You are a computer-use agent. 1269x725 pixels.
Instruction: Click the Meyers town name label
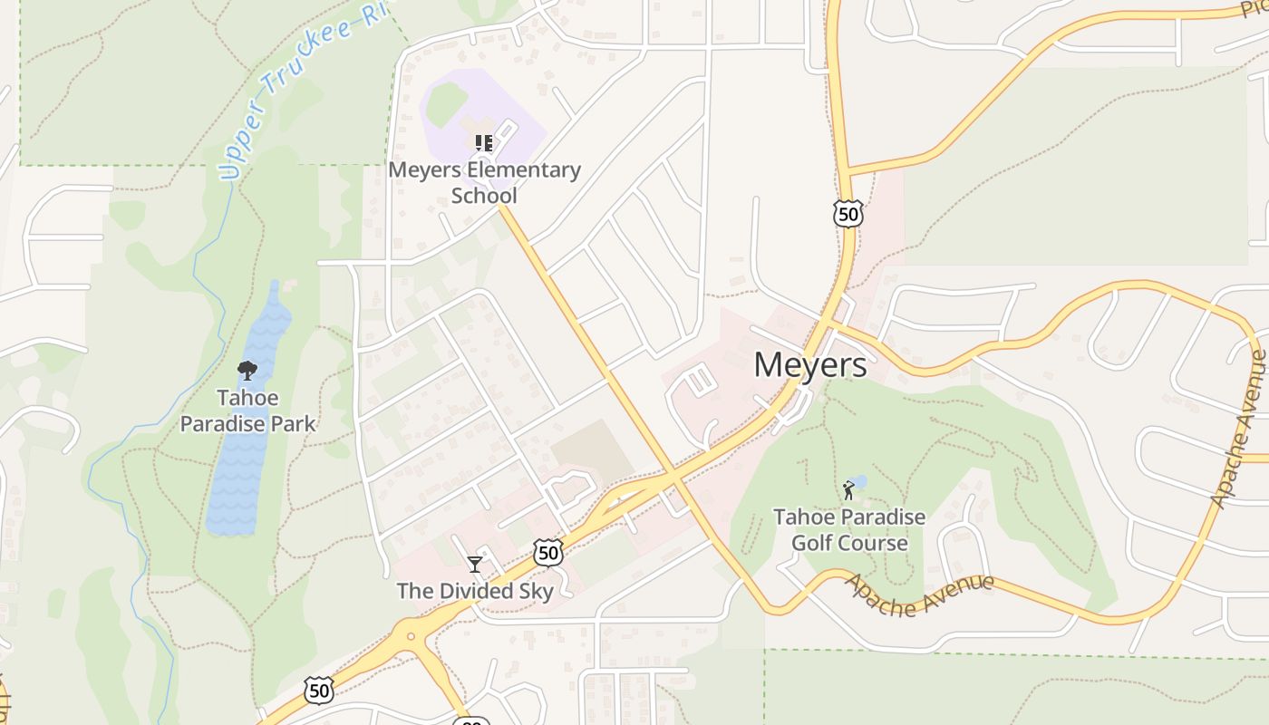pos(809,364)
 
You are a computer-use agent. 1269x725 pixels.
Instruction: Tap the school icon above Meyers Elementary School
pos(483,143)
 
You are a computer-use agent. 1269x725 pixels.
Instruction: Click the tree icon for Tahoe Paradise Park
pos(247,371)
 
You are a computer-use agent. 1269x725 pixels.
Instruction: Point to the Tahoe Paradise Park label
pos(247,411)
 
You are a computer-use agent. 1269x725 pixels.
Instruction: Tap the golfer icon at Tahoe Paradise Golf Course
pos(848,491)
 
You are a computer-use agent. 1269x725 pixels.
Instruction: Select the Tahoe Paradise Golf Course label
pos(849,530)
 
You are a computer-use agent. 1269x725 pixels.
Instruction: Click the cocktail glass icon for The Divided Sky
pos(474,565)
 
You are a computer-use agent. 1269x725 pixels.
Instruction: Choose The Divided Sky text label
pos(475,592)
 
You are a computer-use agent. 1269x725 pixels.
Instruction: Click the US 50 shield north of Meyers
pos(848,214)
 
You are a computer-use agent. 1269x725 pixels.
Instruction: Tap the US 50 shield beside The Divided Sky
pos(548,552)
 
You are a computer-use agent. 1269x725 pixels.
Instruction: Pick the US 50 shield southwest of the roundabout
pos(319,690)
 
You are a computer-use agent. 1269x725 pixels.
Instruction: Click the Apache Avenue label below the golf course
pos(919,595)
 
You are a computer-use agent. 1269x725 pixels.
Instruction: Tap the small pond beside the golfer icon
pos(859,481)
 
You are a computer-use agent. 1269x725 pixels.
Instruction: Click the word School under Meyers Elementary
pos(484,196)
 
